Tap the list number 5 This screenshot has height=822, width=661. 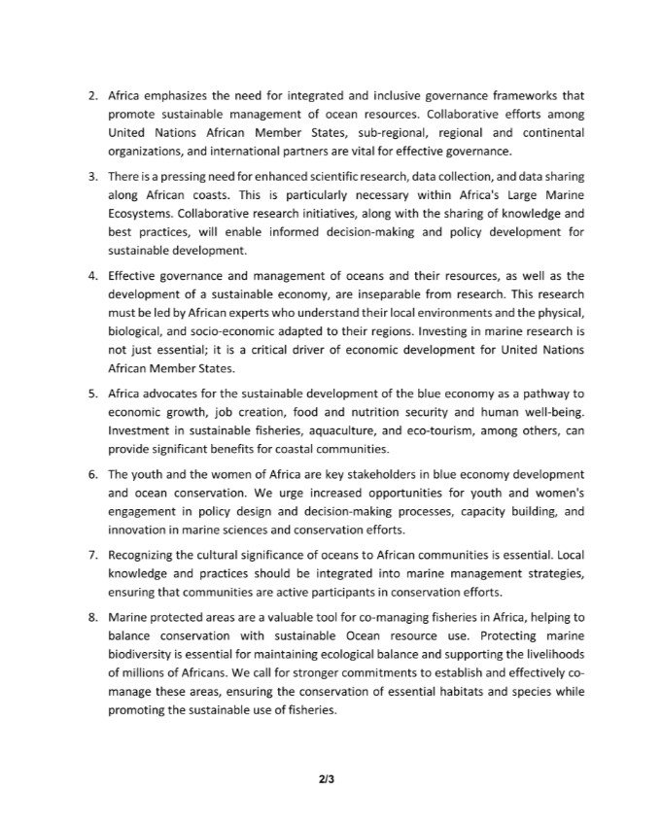click(x=92, y=393)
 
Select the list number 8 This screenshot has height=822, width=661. click(x=92, y=617)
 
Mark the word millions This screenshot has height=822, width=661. click(x=152, y=672)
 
